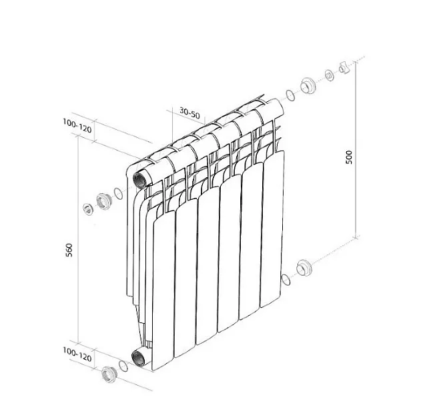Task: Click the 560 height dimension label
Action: (69, 250)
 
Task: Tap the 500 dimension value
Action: (349, 157)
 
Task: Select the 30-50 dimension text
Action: (189, 113)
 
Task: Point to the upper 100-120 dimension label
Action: (77, 126)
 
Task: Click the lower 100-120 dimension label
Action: (77, 354)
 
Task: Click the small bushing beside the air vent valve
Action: (330, 75)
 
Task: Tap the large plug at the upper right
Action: (308, 85)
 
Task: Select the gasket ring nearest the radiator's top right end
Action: (290, 95)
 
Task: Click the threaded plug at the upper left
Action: (104, 201)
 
